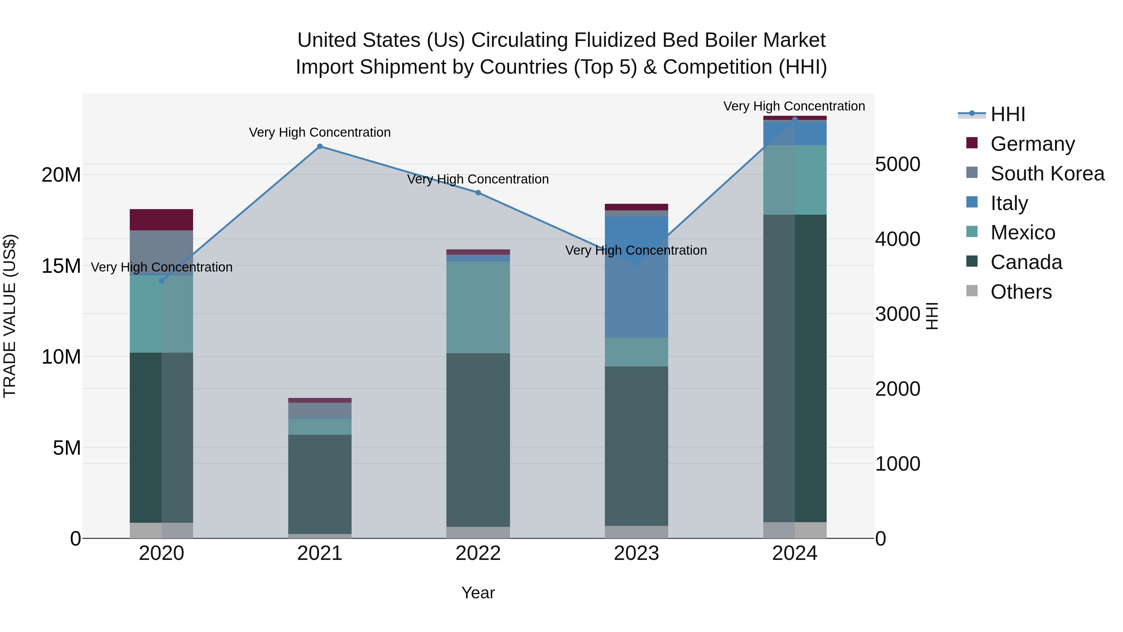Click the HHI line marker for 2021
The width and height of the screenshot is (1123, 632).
(x=319, y=147)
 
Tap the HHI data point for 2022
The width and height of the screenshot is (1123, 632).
(x=478, y=193)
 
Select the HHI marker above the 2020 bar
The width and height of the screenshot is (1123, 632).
(x=161, y=281)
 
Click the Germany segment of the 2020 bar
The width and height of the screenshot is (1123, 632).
(x=161, y=220)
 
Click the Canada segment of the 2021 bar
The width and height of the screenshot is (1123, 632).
(x=319, y=484)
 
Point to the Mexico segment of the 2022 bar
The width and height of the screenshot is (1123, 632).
(x=478, y=307)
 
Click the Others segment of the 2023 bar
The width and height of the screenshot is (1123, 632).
(x=636, y=532)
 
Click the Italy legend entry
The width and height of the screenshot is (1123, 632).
(x=1009, y=203)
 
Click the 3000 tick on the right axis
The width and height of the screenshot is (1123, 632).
(x=897, y=314)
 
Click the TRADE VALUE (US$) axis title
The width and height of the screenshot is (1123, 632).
(x=10, y=316)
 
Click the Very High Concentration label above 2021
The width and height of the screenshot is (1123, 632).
(x=319, y=133)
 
